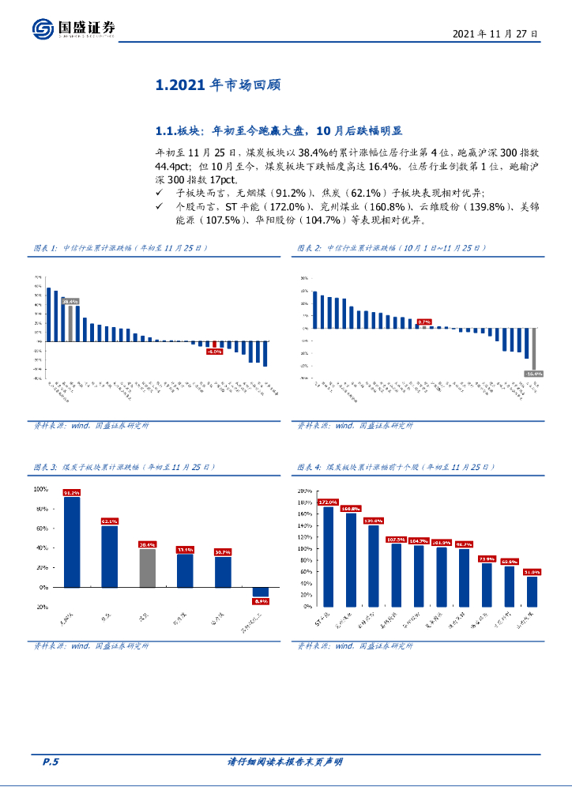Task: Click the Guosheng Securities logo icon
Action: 43,29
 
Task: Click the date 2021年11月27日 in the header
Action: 495,35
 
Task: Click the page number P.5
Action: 51,762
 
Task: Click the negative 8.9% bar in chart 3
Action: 261,592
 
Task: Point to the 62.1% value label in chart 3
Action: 109,521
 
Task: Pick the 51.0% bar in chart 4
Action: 532,591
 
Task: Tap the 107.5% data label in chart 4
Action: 396,540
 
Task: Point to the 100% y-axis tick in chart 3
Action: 40,489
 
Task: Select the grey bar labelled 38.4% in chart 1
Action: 70,323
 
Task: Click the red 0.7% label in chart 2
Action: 424,322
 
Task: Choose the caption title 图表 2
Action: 309,248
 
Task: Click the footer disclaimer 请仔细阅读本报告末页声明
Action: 285,762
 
